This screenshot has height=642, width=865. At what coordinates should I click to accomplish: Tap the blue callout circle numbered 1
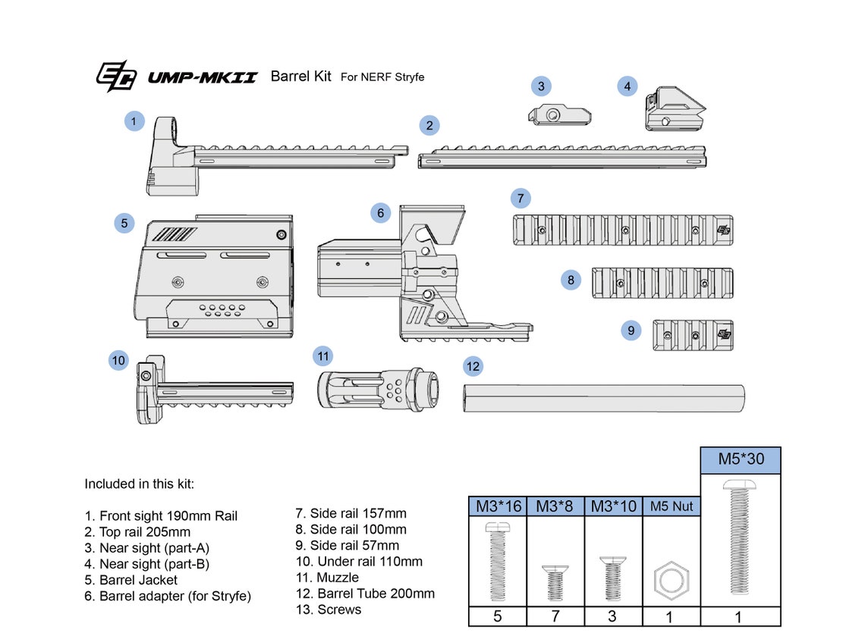tap(134, 121)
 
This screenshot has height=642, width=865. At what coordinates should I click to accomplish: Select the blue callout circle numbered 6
tap(381, 213)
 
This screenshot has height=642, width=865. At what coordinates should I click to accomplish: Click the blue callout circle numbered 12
tap(473, 367)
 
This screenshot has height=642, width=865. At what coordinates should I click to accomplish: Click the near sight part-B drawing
tap(673, 110)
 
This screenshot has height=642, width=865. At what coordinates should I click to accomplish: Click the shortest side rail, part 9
tap(692, 335)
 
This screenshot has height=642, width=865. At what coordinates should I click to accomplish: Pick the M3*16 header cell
tap(498, 506)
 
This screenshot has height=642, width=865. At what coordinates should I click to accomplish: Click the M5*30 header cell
tap(739, 459)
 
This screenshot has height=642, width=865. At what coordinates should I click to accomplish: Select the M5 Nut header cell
tap(672, 506)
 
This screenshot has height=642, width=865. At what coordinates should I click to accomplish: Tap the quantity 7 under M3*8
tap(555, 616)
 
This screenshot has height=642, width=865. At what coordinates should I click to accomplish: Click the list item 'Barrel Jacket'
tap(138, 580)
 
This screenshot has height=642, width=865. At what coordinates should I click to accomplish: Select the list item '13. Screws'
tap(329, 609)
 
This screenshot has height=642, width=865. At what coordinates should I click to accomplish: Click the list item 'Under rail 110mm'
tap(359, 562)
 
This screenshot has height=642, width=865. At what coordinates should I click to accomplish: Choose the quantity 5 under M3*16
tap(498, 616)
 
